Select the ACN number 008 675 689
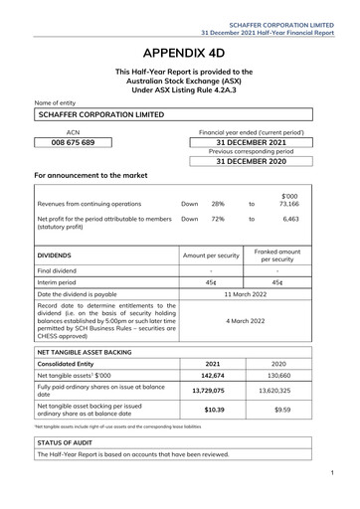click(73, 143)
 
